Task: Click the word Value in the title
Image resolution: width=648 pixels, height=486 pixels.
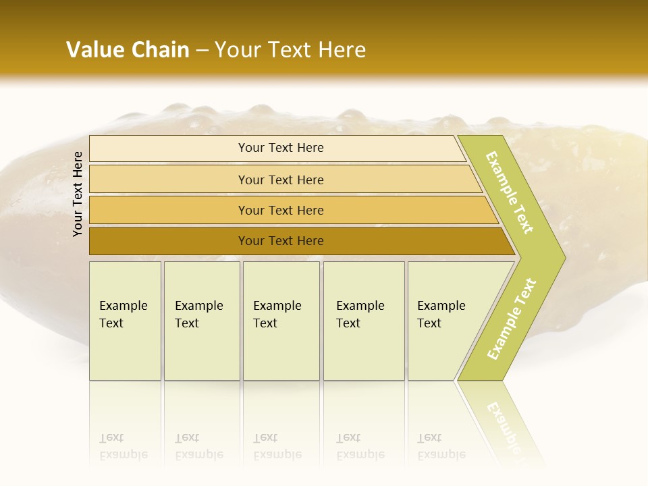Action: [x=95, y=50]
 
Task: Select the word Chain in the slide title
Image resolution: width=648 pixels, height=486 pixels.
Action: [x=160, y=50]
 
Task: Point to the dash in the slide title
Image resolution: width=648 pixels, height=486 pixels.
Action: [x=202, y=51]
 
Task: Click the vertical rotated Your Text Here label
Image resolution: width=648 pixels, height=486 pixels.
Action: [x=78, y=194]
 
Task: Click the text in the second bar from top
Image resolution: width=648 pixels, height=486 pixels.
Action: [x=281, y=180]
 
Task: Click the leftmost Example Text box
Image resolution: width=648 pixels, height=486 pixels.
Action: [x=125, y=321]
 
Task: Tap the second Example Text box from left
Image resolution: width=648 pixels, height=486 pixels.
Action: [x=202, y=321]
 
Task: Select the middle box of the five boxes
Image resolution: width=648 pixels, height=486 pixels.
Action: [x=281, y=321]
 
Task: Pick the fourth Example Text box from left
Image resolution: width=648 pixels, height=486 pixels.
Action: [x=364, y=321]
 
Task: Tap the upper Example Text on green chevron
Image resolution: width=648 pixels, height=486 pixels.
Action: [x=510, y=192]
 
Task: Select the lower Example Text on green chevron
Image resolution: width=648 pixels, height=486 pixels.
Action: [x=512, y=319]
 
